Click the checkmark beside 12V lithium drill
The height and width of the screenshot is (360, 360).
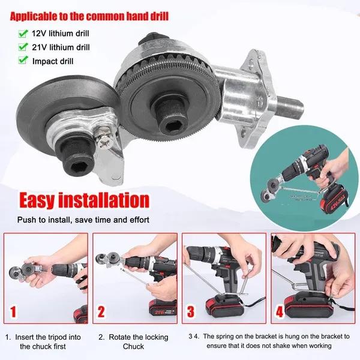23,34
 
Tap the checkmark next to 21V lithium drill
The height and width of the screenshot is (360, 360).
23,47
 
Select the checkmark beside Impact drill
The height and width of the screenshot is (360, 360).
23,60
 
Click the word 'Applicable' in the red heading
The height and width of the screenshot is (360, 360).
34,17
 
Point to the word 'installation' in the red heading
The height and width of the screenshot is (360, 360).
104,200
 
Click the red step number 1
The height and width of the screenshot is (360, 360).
13,312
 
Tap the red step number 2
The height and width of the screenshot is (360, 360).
101,312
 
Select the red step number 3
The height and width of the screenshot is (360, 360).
191,312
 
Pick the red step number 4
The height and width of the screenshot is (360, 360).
280,312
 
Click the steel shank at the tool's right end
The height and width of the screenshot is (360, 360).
290,106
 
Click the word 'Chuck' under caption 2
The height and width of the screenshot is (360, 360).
134,346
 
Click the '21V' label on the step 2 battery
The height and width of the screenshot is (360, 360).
159,312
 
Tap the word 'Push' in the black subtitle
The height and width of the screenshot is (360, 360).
26,220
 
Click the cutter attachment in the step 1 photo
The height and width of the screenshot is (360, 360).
26,271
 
